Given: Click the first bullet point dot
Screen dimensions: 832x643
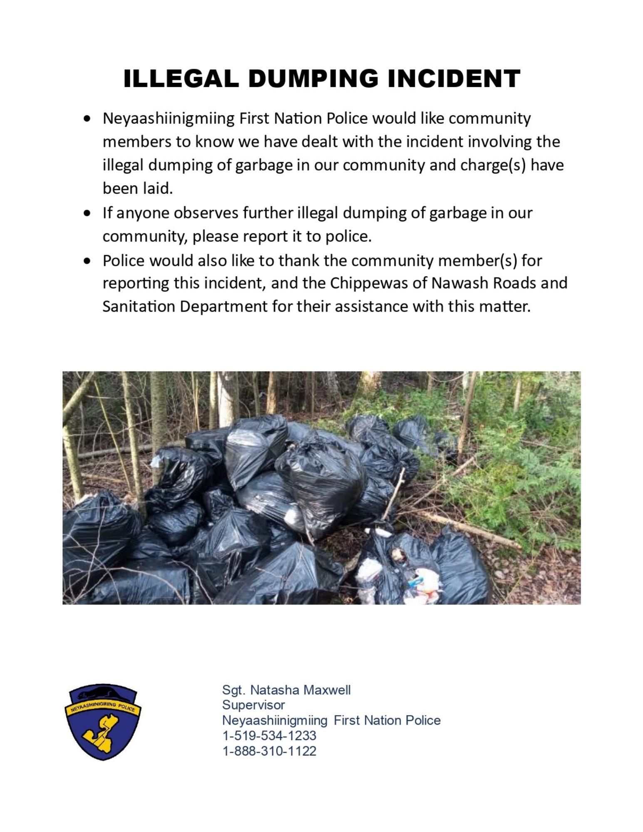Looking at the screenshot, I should (87, 119).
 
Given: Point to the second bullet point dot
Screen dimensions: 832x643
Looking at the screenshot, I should (87, 213).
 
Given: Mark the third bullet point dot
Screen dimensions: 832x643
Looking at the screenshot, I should (87, 261).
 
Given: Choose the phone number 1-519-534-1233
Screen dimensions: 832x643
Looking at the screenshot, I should (269, 735).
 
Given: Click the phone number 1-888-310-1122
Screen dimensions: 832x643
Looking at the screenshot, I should (269, 751).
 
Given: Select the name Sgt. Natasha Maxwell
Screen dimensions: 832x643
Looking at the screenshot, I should (286, 690).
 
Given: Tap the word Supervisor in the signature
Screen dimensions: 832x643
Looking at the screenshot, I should (253, 705).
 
